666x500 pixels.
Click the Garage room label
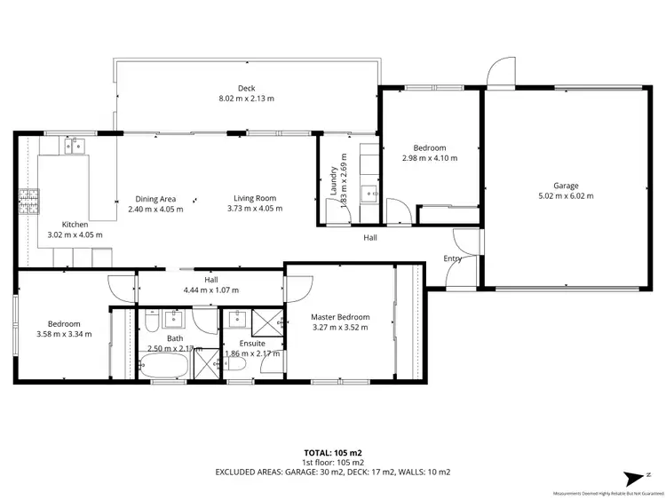point(566,186)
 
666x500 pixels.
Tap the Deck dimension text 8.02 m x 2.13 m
point(246,99)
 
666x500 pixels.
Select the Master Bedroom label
point(339,317)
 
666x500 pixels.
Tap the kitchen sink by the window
point(75,145)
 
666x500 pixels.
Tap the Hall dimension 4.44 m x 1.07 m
point(210,290)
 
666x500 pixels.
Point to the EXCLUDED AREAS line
point(332,472)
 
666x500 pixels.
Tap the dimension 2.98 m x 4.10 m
point(430,158)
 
